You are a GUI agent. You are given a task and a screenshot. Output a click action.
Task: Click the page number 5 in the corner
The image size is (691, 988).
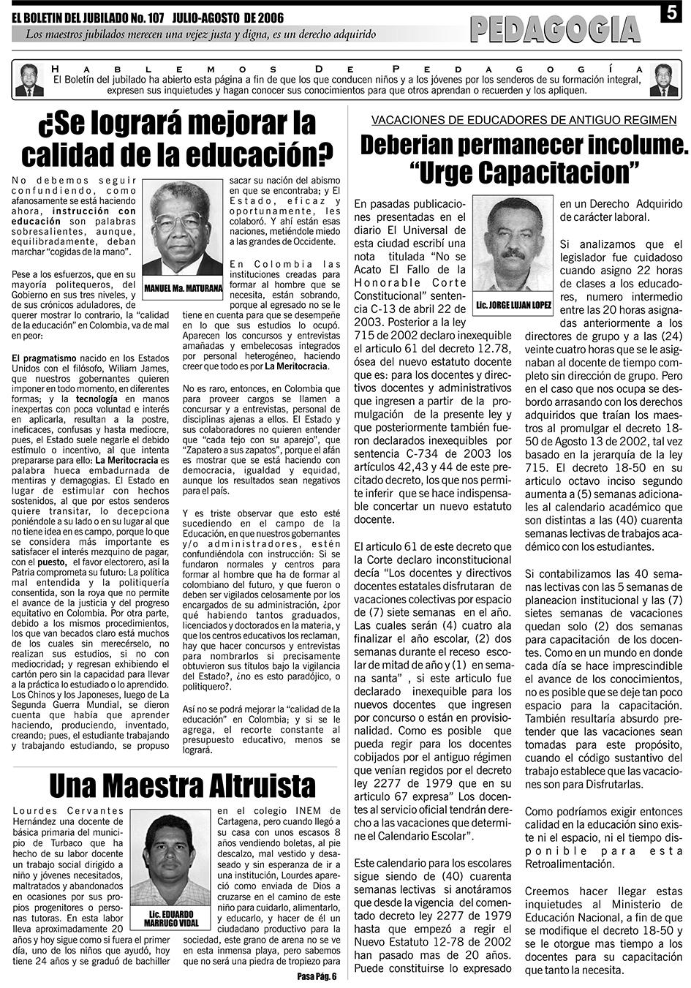click(671, 14)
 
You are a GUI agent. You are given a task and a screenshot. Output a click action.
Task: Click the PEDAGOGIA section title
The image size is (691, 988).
click(556, 29)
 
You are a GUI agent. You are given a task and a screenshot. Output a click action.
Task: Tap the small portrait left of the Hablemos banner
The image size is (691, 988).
click(29, 80)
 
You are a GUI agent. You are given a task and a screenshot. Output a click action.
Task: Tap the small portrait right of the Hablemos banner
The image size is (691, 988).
click(663, 80)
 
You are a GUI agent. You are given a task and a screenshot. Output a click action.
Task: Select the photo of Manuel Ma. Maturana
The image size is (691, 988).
click(182, 227)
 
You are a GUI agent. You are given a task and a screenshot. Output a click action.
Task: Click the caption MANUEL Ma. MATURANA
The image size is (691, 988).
click(183, 289)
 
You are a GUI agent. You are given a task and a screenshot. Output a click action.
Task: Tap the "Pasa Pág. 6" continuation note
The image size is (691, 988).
click(316, 976)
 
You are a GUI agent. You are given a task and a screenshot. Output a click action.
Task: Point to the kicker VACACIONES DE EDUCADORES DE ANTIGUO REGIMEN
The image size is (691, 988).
click(524, 120)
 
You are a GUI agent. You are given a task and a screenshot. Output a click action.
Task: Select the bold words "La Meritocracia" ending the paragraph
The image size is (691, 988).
click(297, 366)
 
